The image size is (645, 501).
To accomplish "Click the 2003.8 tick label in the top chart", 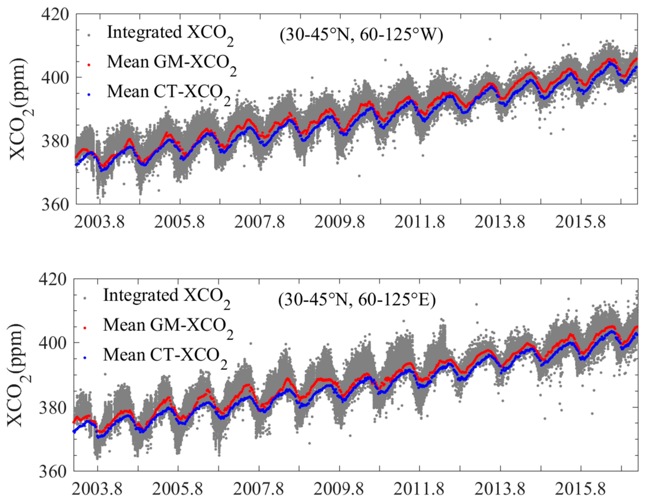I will click(99, 222).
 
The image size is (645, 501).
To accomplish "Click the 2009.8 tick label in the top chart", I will click(340, 222).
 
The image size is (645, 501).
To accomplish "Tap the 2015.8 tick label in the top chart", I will click(580, 222).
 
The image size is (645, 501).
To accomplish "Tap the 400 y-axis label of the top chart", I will click(55, 78).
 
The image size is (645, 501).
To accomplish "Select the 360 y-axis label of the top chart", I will click(55, 204).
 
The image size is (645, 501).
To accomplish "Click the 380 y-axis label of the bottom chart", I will click(52, 408).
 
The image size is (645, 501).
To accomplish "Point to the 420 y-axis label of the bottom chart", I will click(52, 279).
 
